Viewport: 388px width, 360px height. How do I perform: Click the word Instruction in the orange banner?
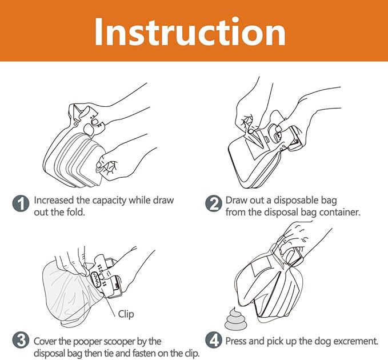pyautogui.click(x=190, y=31)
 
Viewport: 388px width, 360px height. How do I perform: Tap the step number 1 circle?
pyautogui.click(x=21, y=203)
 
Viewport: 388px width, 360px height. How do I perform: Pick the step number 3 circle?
pyautogui.click(x=21, y=341)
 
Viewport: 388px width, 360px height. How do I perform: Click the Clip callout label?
pyautogui.click(x=126, y=314)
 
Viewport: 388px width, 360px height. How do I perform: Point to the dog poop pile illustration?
pyautogui.click(x=234, y=319)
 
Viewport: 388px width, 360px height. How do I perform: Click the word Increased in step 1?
pyautogui.click(x=54, y=201)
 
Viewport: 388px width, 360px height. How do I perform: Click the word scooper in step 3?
pyautogui.click(x=119, y=342)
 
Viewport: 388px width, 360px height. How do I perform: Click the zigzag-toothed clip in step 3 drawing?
pyautogui.click(x=96, y=279)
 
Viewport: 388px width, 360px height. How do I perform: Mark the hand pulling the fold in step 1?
pyautogui.click(x=124, y=158)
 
